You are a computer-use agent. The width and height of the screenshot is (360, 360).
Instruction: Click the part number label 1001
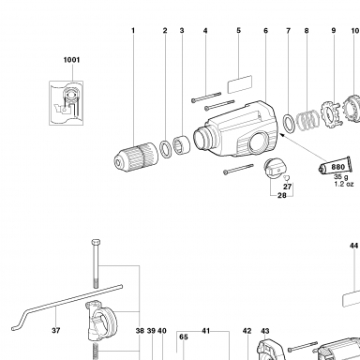click(x=71, y=60)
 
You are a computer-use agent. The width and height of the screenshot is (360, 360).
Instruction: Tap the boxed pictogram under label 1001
click(x=66, y=103)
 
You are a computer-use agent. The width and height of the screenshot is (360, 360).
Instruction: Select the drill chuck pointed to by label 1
click(x=136, y=156)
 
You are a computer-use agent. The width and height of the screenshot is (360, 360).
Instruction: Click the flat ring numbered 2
click(x=166, y=149)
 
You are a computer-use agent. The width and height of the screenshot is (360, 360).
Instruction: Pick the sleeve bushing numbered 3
click(x=182, y=145)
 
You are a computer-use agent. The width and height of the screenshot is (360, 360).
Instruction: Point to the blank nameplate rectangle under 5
click(x=240, y=84)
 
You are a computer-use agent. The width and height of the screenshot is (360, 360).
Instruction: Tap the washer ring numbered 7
click(x=289, y=124)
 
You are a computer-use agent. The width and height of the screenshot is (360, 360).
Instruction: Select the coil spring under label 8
click(x=307, y=120)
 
